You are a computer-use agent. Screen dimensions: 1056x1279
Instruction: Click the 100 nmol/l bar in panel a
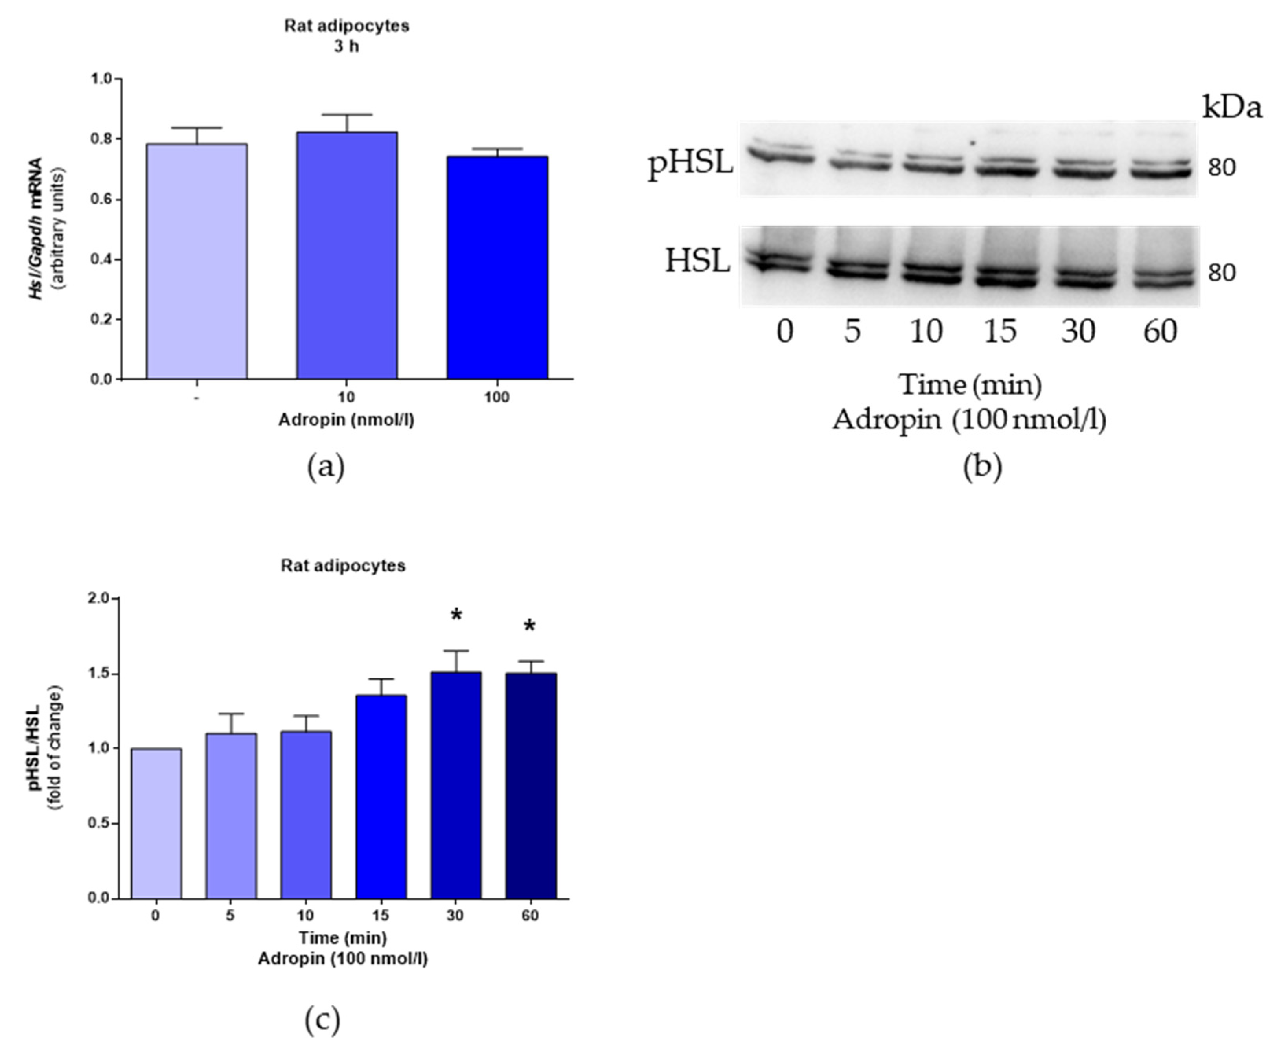click(497, 268)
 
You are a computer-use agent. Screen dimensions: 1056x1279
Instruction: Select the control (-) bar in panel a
click(197, 262)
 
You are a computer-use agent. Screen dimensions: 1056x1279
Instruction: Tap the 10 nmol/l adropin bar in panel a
click(347, 255)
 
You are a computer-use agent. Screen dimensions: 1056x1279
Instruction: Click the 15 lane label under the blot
click(1000, 332)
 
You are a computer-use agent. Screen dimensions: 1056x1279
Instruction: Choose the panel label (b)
click(982, 466)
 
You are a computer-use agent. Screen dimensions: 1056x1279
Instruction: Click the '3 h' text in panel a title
click(346, 47)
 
